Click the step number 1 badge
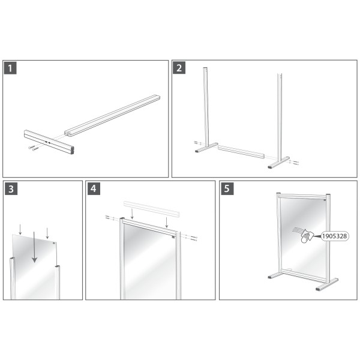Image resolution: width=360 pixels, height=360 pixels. click(10, 68)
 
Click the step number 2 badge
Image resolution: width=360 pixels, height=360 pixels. click(179, 68)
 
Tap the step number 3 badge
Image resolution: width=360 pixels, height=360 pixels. click(11, 189)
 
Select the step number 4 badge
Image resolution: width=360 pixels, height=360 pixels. click(94, 189)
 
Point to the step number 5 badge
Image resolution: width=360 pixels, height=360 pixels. click(227, 189)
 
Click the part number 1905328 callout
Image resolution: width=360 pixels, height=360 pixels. click(335, 236)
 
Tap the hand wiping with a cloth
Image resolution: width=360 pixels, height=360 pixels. click(307, 236)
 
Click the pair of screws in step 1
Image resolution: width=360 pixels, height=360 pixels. click(32, 148)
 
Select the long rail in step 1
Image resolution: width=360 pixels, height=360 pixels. click(112, 116)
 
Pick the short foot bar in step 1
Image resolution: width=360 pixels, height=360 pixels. click(49, 142)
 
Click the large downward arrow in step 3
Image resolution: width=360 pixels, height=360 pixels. click(34, 247)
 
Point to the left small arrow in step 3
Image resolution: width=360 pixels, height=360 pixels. click(20, 230)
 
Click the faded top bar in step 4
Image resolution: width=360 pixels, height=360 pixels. click(152, 209)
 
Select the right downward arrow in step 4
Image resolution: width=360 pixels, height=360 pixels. click(167, 222)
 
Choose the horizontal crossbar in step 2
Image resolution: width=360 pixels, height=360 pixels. click(241, 151)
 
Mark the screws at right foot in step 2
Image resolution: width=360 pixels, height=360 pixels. click(295, 163)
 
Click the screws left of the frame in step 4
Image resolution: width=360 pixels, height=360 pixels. click(109, 217)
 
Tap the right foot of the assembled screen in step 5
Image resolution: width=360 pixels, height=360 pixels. click(327, 285)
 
